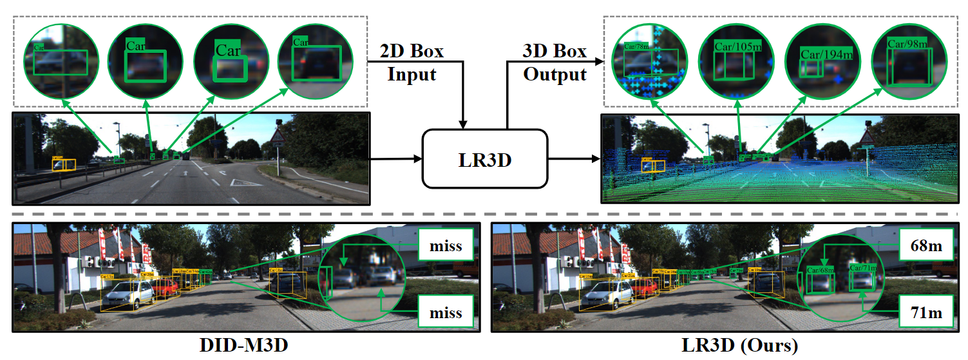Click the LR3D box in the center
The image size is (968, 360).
pyautogui.click(x=484, y=158)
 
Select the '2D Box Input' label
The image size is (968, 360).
pyautogui.click(x=412, y=62)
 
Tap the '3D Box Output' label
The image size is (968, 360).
pyautogui.click(x=555, y=62)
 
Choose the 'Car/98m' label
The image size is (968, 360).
pyautogui.click(x=907, y=44)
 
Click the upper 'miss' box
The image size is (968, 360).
pyautogui.click(x=446, y=245)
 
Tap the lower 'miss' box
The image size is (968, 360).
pyautogui.click(x=446, y=314)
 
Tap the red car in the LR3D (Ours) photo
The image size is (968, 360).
pyautogui.click(x=644, y=288)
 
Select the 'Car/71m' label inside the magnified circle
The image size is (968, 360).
pyautogui.click(x=862, y=267)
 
